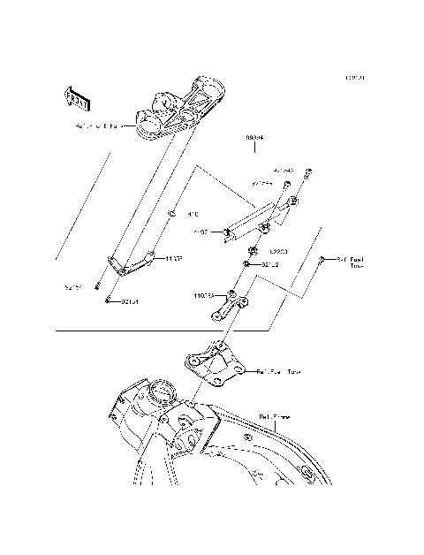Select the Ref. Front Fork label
(x=102, y=127)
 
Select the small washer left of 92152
(x=248, y=264)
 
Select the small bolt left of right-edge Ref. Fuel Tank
(x=323, y=259)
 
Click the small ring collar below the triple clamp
(x=171, y=213)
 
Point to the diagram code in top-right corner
(x=355, y=77)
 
